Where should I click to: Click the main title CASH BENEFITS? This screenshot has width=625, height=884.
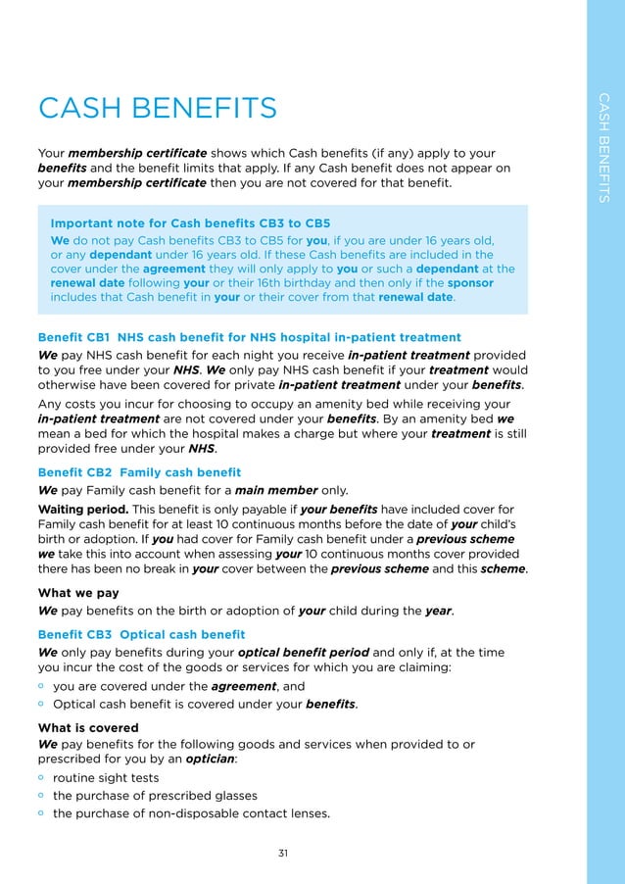(x=157, y=107)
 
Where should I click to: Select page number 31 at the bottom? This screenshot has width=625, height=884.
(x=283, y=854)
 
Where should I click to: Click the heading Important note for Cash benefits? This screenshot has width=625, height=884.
(x=190, y=223)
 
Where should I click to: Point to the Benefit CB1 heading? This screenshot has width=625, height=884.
(x=249, y=338)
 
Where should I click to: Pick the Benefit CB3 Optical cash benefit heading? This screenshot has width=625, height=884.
(x=141, y=635)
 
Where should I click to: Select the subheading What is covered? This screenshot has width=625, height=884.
(x=88, y=728)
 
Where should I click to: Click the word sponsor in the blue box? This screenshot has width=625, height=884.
(x=470, y=283)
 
